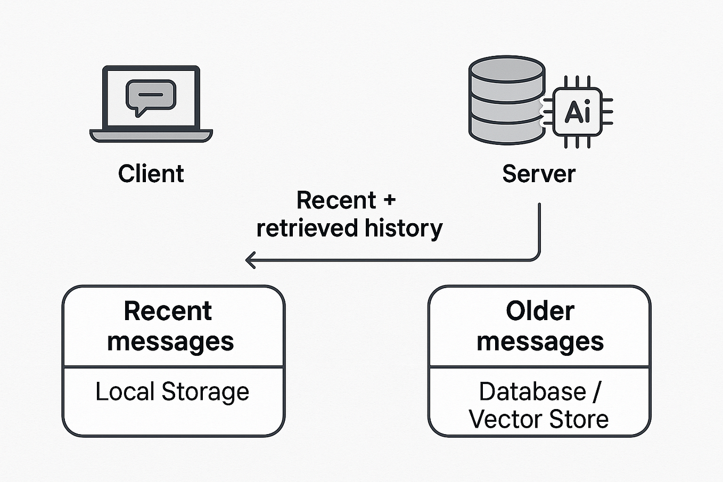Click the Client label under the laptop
[151, 174]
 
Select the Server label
[539, 174]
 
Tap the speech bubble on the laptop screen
[151, 96]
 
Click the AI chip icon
[578, 112]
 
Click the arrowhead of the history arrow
[249, 260]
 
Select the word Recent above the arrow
[336, 201]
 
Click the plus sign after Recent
[389, 200]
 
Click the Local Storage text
[172, 392]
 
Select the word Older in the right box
[540, 311]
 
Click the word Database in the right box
[532, 392]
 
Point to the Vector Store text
[538, 419]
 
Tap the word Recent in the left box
[168, 311]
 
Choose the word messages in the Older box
[540, 342]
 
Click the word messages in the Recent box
[170, 342]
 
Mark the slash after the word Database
[596, 393]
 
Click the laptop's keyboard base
[151, 136]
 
